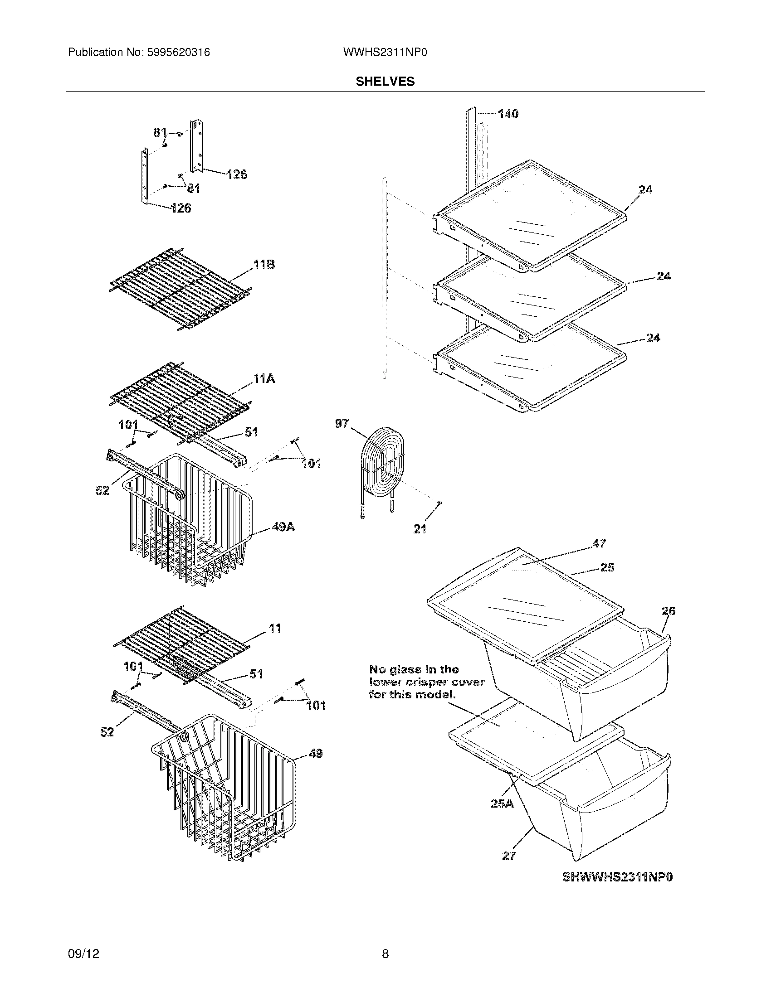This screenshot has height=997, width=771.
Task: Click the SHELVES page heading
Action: click(385, 82)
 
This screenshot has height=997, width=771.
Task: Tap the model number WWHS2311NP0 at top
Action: click(385, 53)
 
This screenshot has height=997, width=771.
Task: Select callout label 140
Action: click(508, 114)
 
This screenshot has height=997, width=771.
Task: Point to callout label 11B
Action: click(264, 265)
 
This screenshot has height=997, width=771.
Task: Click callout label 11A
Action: click(264, 379)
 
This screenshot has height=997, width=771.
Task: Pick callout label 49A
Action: click(283, 527)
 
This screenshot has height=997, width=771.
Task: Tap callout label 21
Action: click(420, 529)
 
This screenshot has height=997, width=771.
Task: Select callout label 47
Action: click(599, 543)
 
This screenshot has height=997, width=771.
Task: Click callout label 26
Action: click(668, 611)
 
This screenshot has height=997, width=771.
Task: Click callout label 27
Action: click(508, 857)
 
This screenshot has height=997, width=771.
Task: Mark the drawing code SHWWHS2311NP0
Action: click(618, 877)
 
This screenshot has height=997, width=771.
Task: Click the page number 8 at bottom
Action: click(385, 953)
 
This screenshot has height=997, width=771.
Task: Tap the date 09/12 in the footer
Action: click(83, 953)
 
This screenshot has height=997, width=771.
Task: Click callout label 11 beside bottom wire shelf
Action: click(275, 629)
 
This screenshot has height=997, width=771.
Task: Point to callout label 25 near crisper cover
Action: click(607, 567)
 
